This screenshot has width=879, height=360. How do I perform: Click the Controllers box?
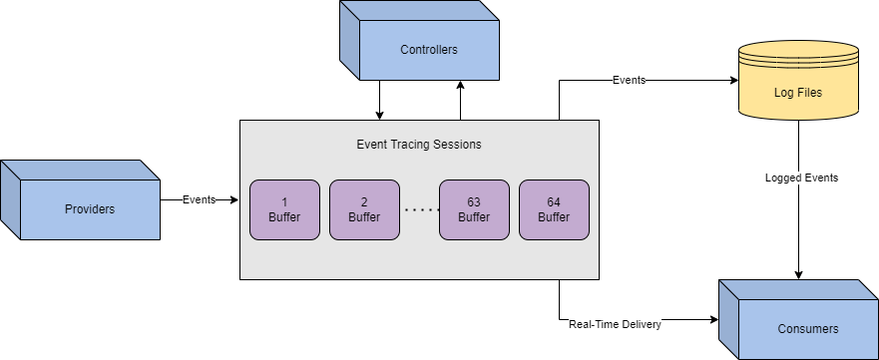428,50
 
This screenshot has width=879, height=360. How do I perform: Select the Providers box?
89,208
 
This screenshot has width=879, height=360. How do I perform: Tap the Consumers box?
807,328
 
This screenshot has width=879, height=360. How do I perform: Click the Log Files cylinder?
797,92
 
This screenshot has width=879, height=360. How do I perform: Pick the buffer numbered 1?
284,209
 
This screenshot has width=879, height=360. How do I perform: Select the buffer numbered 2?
364,209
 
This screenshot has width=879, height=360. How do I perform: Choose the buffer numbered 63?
474,209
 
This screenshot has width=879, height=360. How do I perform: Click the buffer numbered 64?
554,209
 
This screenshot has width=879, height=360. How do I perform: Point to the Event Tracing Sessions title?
419,144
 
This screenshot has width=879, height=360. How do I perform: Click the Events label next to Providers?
200,199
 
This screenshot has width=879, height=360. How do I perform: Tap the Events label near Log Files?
629,80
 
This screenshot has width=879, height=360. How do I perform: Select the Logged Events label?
801,178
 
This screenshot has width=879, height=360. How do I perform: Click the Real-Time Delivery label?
616,324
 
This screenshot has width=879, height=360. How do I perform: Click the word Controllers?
428,50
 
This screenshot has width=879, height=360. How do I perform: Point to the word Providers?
89,209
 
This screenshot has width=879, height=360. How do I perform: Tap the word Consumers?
807,329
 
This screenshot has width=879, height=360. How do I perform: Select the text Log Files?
797,93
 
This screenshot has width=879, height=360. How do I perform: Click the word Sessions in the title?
456,144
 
